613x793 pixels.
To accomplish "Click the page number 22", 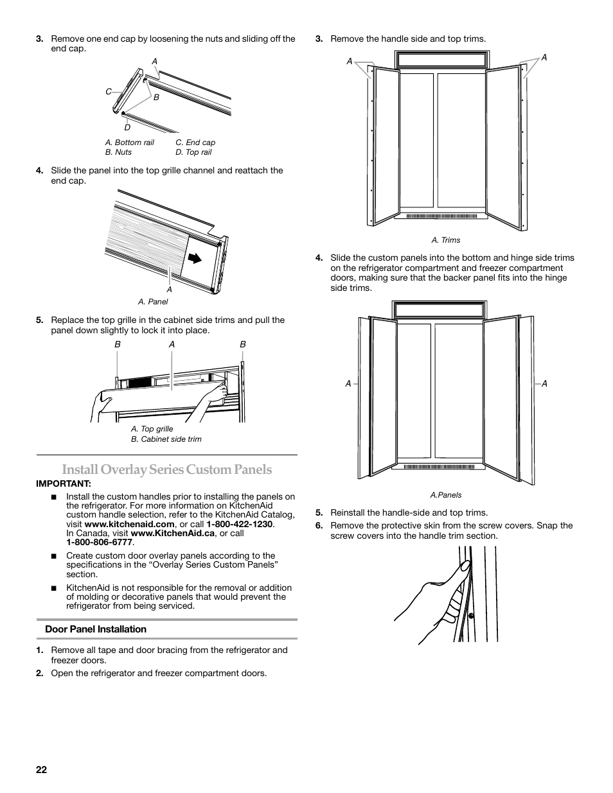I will click(41, 771).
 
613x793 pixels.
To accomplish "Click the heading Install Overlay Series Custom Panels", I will click(167, 469).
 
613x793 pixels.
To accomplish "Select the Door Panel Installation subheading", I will click(96, 629).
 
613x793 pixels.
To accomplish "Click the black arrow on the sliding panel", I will click(193, 258).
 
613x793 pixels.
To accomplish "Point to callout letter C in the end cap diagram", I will click(109, 92).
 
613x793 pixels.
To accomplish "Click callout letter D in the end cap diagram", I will click(127, 127).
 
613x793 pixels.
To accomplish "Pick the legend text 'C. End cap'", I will click(195, 143).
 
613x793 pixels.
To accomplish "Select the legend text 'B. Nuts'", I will click(118, 152).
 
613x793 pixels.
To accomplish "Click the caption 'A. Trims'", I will click(446, 240).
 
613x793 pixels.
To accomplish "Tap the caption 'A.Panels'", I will click(446, 495).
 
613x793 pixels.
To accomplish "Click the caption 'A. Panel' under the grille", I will click(153, 302).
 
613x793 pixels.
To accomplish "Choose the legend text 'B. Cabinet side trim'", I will click(166, 439).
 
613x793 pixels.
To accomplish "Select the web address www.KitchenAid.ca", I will click(172, 533).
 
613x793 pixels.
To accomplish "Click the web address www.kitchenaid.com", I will click(138, 524).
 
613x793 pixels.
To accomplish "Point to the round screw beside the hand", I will click(472, 616).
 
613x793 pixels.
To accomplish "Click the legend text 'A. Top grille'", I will click(152, 429).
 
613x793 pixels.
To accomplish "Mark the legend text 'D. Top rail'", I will click(193, 152).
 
